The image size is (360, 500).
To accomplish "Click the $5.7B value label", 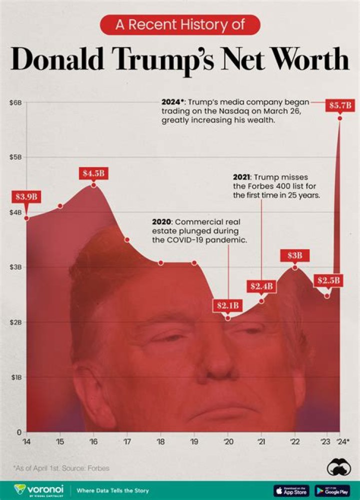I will click(x=341, y=106).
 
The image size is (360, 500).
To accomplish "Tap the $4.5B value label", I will click(x=93, y=174).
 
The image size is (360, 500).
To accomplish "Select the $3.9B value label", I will click(x=25, y=196).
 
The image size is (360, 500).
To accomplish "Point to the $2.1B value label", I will click(x=227, y=305).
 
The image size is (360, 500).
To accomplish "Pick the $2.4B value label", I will click(x=261, y=286).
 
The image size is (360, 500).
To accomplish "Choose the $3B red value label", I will click(x=294, y=255).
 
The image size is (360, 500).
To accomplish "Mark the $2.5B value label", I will click(x=327, y=280).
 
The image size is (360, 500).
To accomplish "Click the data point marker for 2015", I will click(x=60, y=206).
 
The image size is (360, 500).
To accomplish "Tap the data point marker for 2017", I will click(x=127, y=240).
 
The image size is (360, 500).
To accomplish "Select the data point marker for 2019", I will click(x=194, y=263).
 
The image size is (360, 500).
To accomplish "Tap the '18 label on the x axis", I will click(x=160, y=441).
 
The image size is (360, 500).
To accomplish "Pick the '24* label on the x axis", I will click(x=343, y=441).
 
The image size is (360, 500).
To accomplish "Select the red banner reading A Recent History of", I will click(x=180, y=25).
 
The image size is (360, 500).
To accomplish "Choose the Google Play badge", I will click(x=332, y=490).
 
